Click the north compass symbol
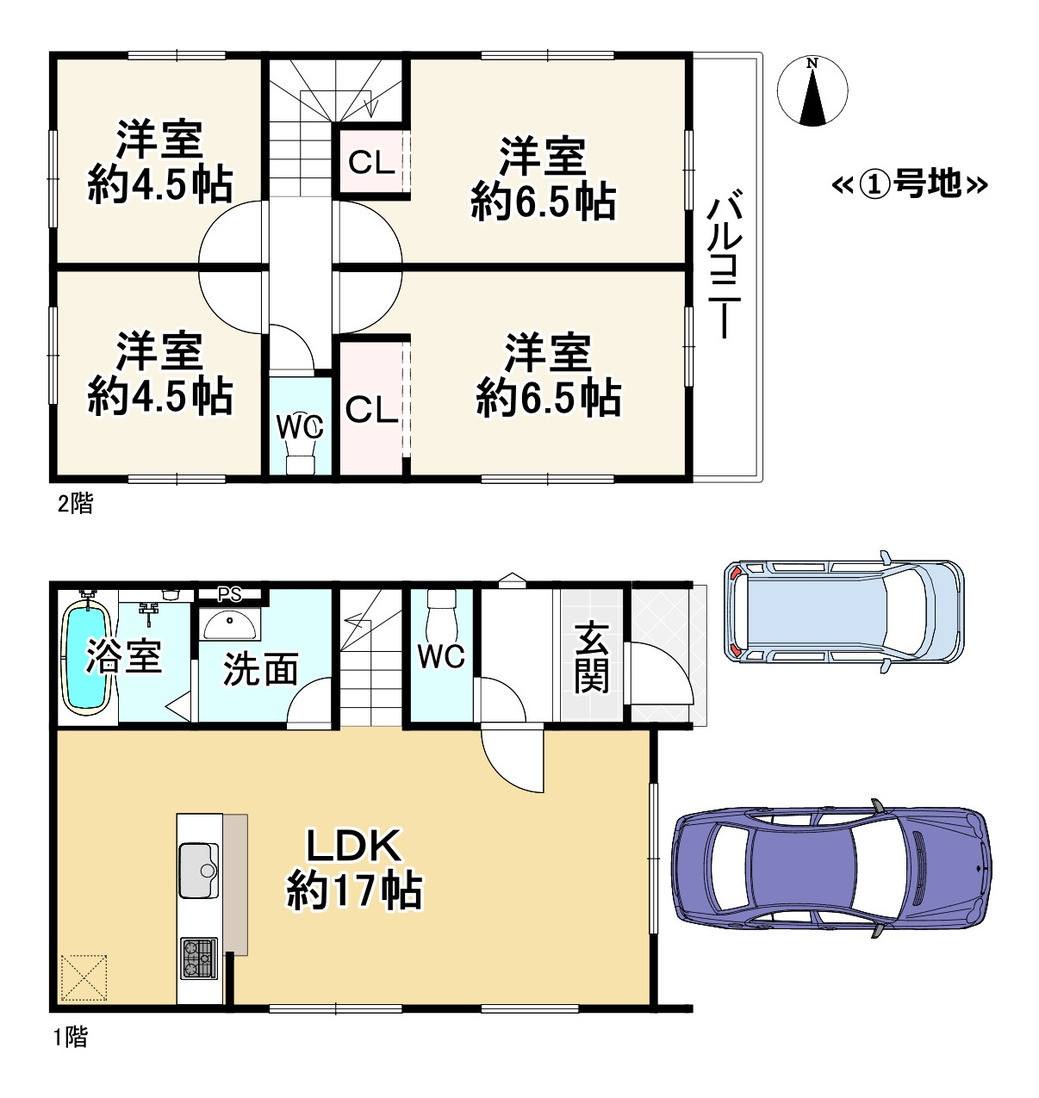(x=812, y=91)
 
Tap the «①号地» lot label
(x=909, y=183)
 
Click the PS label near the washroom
(x=229, y=594)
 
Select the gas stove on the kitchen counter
(x=199, y=958)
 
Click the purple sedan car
(x=831, y=869)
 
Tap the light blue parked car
(x=844, y=612)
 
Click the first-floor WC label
(x=441, y=656)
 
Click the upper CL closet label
(x=370, y=162)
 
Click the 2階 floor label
(x=75, y=504)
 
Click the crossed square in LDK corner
(x=84, y=977)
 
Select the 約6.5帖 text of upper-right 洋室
(x=543, y=202)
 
